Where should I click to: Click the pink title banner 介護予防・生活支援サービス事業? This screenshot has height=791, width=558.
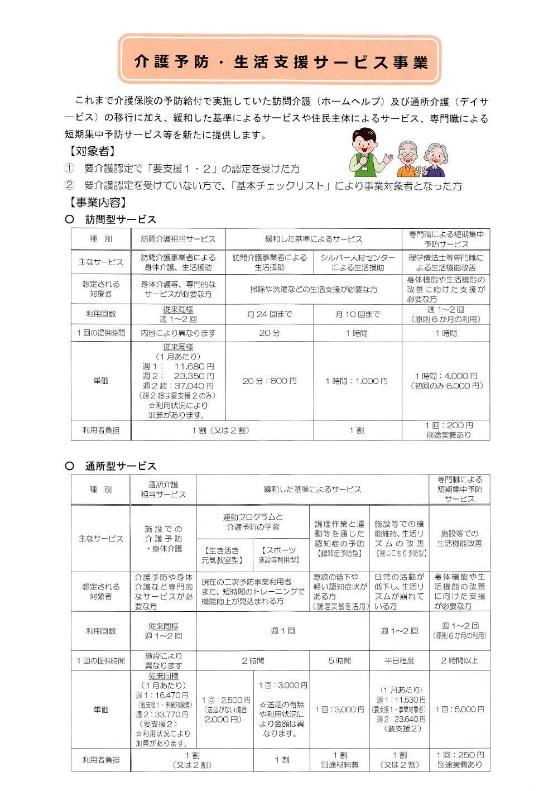click(280, 60)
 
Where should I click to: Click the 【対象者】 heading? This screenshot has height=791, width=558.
click(93, 151)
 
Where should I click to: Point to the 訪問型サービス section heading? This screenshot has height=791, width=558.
click(120, 219)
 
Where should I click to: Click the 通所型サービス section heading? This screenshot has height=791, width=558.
click(120, 466)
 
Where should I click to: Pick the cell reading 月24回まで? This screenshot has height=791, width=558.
click(270, 314)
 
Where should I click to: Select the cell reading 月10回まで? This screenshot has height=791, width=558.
click(357, 314)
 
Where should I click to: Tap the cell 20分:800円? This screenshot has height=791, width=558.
click(270, 381)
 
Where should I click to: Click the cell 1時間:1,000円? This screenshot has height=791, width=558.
click(357, 381)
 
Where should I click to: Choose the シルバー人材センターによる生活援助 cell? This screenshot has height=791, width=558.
click(357, 262)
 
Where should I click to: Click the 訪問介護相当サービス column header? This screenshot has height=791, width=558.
click(178, 239)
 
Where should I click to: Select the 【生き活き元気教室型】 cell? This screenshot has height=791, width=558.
click(224, 555)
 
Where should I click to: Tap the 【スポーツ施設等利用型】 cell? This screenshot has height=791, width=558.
click(280, 555)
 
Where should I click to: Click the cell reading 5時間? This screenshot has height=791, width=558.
click(339, 660)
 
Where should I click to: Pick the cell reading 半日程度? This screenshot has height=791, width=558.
click(399, 660)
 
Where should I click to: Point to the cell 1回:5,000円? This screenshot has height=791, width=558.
click(459, 709)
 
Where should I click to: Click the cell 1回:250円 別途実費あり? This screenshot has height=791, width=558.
click(459, 760)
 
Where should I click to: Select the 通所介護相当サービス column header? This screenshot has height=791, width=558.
click(163, 490)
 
